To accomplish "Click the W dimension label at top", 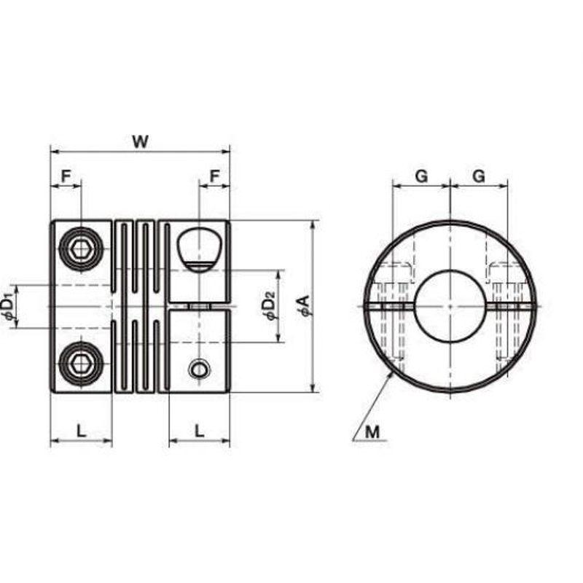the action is [x=140, y=141].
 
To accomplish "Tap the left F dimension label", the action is [x=66, y=176].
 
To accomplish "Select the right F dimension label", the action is [x=215, y=176].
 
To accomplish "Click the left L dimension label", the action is [x=81, y=431].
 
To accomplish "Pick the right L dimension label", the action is [x=200, y=431].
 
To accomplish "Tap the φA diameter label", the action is [x=305, y=305].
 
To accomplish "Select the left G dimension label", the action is [x=421, y=176].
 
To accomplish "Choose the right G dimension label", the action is [x=479, y=176].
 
